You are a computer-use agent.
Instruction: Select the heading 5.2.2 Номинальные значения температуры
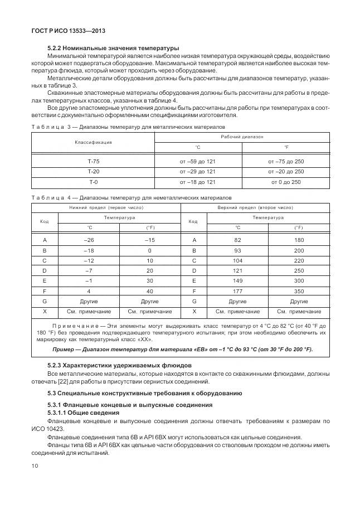point(113,49)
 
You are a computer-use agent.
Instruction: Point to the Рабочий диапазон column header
point(242,137)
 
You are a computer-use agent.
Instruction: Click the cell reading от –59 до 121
point(197,162)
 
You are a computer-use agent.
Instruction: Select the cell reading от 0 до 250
point(286,182)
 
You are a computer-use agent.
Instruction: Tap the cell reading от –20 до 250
point(286,172)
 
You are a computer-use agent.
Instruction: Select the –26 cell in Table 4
point(89,240)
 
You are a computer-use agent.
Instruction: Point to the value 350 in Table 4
point(299,291)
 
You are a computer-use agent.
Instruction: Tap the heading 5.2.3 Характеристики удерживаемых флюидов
point(119,365)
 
